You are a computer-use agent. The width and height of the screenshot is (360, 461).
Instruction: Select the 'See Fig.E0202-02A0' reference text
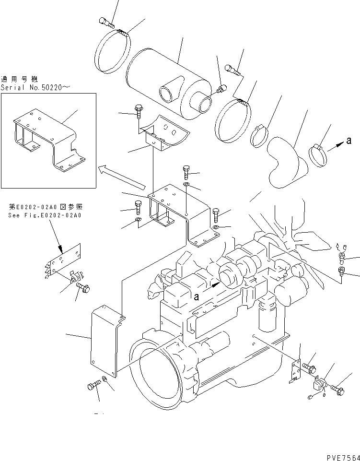pyautogui.click(x=45, y=215)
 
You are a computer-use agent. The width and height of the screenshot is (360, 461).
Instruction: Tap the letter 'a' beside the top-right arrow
pyautogui.click(x=349, y=141)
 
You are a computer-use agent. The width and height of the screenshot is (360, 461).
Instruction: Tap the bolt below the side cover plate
pyautogui.click(x=94, y=385)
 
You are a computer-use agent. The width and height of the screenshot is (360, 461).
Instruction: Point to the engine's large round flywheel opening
pyautogui.click(x=158, y=369)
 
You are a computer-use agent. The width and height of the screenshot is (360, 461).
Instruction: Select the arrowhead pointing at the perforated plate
pyautogui.click(x=61, y=249)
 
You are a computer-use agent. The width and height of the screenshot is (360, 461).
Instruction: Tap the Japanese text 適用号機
pyautogui.click(x=19, y=79)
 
